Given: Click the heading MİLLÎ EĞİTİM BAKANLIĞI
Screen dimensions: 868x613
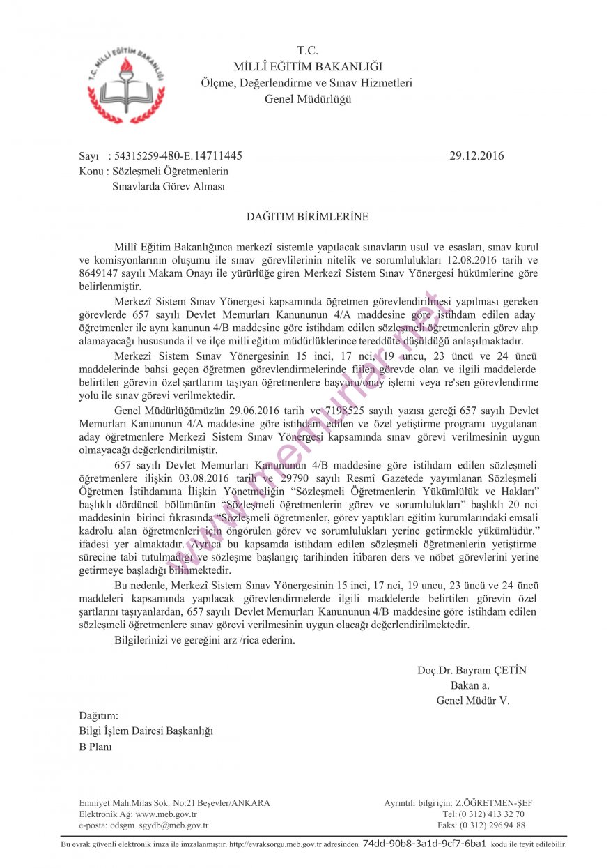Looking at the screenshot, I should point(308,67).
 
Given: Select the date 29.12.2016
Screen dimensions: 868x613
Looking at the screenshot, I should point(476,156).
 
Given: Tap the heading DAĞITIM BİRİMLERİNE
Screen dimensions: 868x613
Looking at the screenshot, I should point(307,217).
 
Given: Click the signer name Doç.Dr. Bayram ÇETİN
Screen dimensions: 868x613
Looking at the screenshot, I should point(472,671).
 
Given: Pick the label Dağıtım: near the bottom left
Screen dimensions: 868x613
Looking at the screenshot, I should point(98,716).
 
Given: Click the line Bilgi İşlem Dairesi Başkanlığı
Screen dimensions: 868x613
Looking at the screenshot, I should point(146,731).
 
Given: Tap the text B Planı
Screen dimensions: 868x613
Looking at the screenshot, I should point(95,746).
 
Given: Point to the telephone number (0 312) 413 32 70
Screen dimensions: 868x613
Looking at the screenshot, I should point(492,814).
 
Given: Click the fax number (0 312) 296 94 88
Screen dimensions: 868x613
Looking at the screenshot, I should point(492,825).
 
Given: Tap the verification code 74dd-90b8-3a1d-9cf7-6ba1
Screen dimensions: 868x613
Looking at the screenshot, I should point(424,844).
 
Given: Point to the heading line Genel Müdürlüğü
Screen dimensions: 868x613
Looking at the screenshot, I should point(308,98).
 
